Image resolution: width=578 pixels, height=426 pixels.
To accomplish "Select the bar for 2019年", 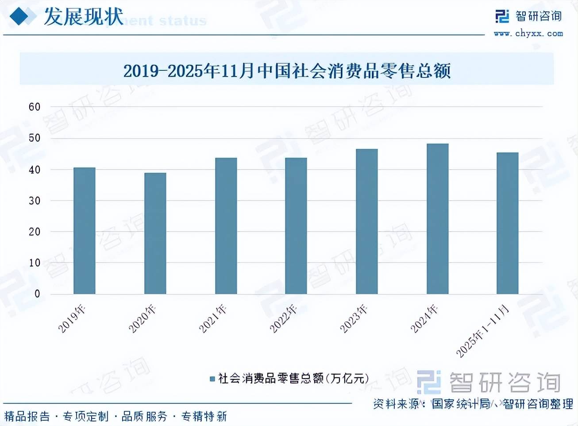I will [x=84, y=231].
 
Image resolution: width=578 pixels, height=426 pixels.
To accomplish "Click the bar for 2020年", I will [x=155, y=233].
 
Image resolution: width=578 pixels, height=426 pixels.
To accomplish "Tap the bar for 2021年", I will [x=226, y=226].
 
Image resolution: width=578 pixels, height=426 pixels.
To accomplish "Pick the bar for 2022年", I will [x=296, y=226].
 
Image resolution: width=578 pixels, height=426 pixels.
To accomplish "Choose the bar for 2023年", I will [x=366, y=221].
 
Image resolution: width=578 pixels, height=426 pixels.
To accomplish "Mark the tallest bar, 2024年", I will [x=437, y=219].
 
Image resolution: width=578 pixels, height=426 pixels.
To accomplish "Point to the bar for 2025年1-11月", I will [x=507, y=223].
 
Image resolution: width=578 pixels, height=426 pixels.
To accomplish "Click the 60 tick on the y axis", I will [x=35, y=107].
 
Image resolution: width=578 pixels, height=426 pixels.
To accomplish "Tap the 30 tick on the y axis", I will [x=35, y=201].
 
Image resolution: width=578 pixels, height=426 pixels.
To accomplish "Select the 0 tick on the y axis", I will [x=37, y=294].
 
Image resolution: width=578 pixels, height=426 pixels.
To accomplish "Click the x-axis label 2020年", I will [x=143, y=318].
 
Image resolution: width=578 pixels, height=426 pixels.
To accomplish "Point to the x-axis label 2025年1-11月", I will [x=482, y=331].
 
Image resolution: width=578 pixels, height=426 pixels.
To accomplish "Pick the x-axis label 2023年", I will [x=354, y=318].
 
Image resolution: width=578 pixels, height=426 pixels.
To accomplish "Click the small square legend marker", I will [x=212, y=379].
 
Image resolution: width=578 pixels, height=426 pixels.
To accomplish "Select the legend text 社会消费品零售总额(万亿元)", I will [x=293, y=378].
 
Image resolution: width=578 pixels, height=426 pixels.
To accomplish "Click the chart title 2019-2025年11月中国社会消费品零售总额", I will [x=287, y=70].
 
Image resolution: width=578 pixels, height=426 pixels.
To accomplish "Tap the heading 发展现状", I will [x=83, y=17].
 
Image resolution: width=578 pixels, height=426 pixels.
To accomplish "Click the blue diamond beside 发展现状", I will [x=23, y=17].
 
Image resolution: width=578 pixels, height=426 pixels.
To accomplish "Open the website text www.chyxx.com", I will [x=528, y=33].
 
